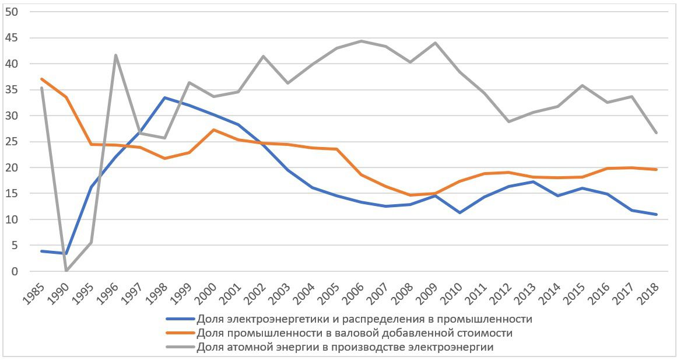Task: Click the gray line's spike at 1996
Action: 115,55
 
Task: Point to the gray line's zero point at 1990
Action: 66,271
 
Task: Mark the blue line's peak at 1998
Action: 165,97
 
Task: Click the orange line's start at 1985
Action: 41,79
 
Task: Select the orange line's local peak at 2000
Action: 214,130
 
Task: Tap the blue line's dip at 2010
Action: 460,212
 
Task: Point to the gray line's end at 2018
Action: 657,133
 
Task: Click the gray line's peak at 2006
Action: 362,41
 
